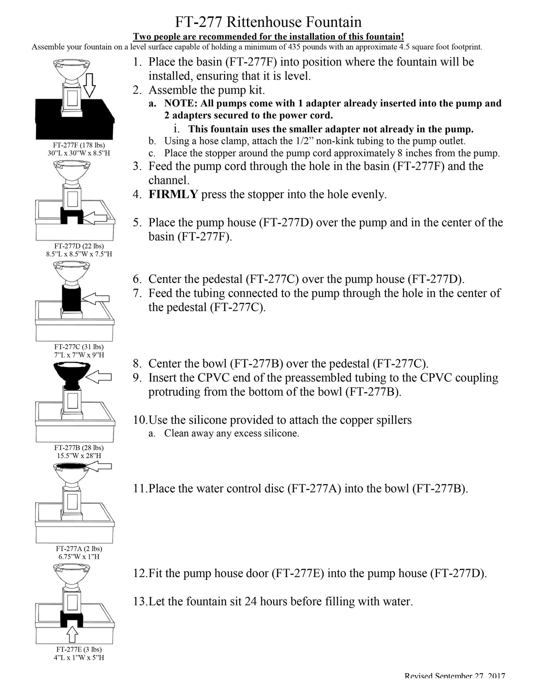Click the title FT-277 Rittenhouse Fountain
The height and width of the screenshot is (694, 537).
268,22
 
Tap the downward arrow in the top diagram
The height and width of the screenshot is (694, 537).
89,85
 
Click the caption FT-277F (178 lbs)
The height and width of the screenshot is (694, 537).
79,145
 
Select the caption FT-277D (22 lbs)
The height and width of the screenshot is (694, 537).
79,246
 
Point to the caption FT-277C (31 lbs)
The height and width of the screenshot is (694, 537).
79,347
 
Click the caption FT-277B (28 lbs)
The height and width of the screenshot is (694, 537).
79,448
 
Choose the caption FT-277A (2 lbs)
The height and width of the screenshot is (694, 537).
79,548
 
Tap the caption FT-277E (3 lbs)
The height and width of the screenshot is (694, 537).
79,649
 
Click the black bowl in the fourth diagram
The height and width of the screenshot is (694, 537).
72,371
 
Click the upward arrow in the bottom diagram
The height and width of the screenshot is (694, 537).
72,634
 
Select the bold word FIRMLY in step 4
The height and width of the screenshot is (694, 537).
173,194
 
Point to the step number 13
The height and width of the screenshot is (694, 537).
140,601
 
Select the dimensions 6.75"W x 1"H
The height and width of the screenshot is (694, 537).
79,556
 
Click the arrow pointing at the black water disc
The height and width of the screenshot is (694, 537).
100,467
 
